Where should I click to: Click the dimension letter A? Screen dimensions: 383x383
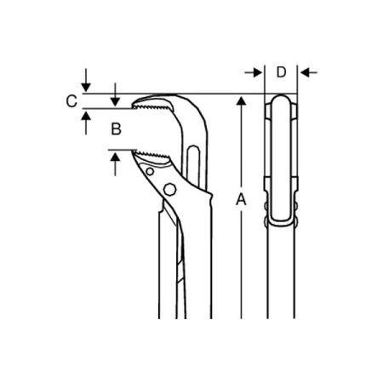pyautogui.click(x=241, y=199)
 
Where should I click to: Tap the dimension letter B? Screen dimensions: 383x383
pyautogui.click(x=116, y=129)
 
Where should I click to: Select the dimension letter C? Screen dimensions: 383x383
pyautogui.click(x=71, y=101)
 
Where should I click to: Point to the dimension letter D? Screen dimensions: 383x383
pyautogui.click(x=281, y=72)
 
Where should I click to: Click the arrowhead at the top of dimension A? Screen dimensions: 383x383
pyautogui.click(x=241, y=101)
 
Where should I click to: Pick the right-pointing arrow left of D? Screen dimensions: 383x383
pyautogui.click(x=254, y=72)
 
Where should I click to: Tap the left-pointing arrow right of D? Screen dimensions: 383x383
pyautogui.click(x=309, y=72)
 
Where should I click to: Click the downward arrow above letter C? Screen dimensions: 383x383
pyautogui.click(x=86, y=80)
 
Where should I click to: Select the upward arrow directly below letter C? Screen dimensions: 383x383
pyautogui.click(x=86, y=123)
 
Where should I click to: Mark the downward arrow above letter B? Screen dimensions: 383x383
pyautogui.click(x=115, y=94)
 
